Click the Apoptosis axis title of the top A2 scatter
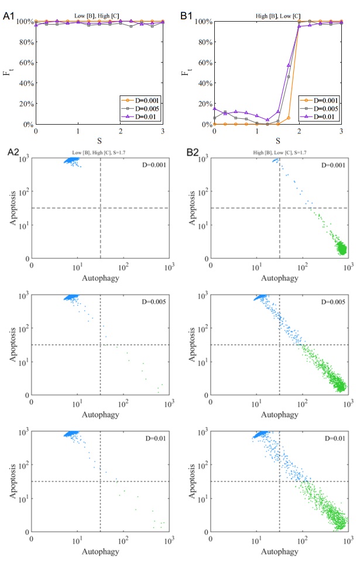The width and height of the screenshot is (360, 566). pos(12,208)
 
